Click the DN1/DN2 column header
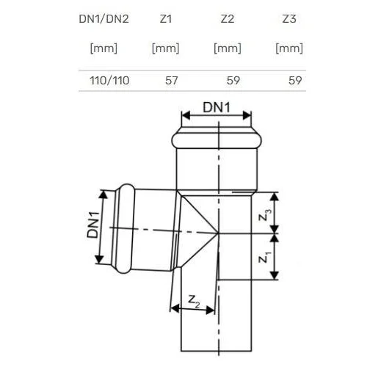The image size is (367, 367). [103, 19]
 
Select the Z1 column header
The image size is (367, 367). [166, 19]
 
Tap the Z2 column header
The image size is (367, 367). [228, 19]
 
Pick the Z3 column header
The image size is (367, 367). [289, 19]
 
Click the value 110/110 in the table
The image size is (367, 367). [109, 81]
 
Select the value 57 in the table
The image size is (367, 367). [171, 81]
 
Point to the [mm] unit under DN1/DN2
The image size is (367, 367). [103, 48]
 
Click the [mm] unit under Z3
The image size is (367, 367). [289, 48]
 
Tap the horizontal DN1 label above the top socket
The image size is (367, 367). [217, 107]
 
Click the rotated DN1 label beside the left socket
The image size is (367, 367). [93, 225]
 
